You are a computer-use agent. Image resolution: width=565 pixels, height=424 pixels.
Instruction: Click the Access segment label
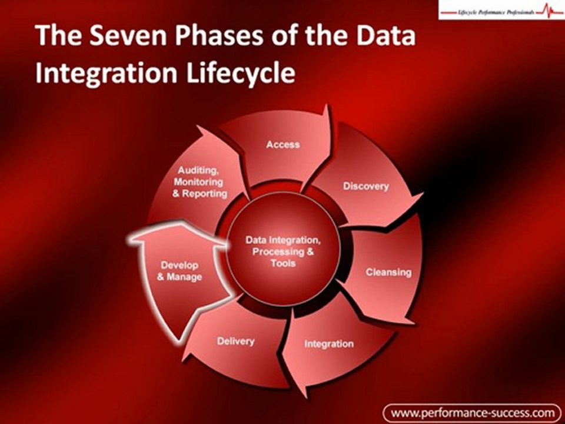[x=283, y=144]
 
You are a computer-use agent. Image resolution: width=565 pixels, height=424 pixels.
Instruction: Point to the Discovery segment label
[x=366, y=186]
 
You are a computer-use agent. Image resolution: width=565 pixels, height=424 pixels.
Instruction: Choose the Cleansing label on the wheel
[x=388, y=272]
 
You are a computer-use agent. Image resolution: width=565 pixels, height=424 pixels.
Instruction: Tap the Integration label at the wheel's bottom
[x=329, y=343]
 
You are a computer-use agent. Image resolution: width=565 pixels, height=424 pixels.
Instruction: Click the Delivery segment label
[x=235, y=341]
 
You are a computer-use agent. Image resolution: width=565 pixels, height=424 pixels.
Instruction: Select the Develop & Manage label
[x=180, y=271]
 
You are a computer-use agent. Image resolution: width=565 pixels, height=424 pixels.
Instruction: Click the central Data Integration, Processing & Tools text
[x=283, y=251]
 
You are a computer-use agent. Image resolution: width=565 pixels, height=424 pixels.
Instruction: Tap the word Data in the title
[x=385, y=37]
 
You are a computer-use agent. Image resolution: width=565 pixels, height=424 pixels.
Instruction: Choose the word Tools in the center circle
[x=283, y=263]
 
